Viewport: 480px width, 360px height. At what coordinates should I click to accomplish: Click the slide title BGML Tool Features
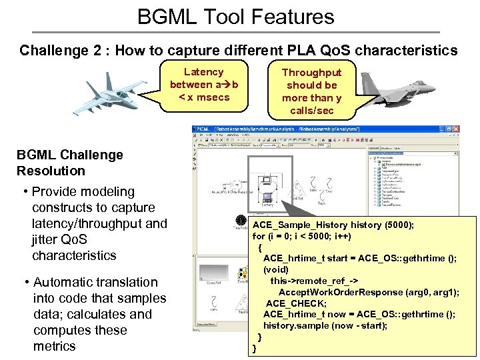click(235, 15)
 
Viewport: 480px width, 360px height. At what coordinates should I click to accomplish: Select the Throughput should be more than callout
click(311, 91)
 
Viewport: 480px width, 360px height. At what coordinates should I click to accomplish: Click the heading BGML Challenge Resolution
click(70, 163)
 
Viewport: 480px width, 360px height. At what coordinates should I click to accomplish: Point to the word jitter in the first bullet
click(49, 239)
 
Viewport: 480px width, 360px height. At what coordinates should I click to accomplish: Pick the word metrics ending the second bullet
click(55, 346)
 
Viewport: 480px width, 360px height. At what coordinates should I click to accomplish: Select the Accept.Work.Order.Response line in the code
click(369, 293)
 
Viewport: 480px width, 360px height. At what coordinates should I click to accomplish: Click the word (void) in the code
click(277, 270)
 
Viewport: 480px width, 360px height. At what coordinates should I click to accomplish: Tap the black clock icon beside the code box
click(241, 219)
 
